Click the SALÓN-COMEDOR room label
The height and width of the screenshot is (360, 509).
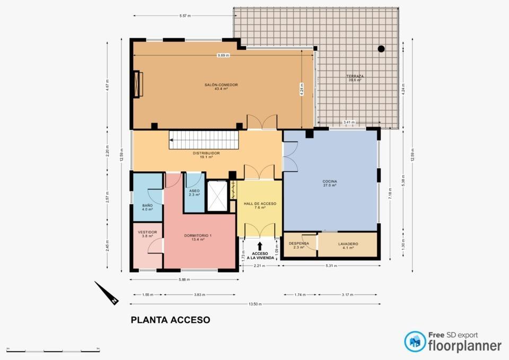point(221,85)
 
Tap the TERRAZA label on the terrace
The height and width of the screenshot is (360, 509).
point(355,76)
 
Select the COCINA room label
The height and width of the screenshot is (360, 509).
point(330,182)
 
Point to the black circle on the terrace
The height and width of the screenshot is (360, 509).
point(381,49)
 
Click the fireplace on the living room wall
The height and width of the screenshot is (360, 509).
point(139,84)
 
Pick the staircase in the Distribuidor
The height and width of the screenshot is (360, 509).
point(204,141)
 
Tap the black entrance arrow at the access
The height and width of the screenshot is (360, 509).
point(260,246)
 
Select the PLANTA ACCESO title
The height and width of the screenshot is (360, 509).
point(170,320)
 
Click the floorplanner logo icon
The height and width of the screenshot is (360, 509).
point(415,342)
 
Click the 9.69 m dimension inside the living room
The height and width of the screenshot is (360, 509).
point(223,55)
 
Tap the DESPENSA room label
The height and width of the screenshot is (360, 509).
point(299,244)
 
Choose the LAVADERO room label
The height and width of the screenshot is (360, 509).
point(348,244)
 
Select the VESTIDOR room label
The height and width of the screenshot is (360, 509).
point(147,232)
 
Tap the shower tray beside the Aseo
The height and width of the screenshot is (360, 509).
point(217,196)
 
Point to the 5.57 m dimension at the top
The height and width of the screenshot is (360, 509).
point(185,16)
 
